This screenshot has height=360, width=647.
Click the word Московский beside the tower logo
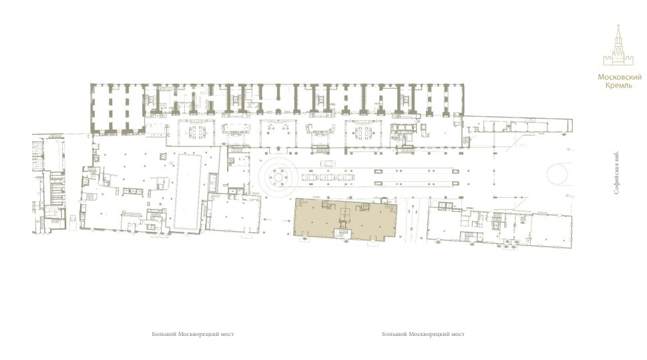coord(620,77)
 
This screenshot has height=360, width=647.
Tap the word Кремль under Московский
coord(618,85)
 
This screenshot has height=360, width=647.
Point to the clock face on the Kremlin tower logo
coord(618,49)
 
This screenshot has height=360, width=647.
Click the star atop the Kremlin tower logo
coord(618,25)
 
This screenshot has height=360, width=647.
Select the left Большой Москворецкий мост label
coord(193,334)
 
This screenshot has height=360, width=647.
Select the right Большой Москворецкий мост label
coord(423,334)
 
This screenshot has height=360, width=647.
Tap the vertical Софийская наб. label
coord(616,172)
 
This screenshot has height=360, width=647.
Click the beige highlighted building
coord(345,219)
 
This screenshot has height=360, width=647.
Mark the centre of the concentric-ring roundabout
coord(278,178)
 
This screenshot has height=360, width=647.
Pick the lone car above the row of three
coord(329,164)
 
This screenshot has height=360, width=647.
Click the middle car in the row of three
coord(328,178)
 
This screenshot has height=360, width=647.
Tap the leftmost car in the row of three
coord(310,178)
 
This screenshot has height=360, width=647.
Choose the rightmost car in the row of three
coord(346,178)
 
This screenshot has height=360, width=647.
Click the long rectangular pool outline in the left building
coord(188,192)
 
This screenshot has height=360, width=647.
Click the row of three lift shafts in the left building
coord(133,191)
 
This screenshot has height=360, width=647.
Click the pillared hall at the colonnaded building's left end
coord(118,109)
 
